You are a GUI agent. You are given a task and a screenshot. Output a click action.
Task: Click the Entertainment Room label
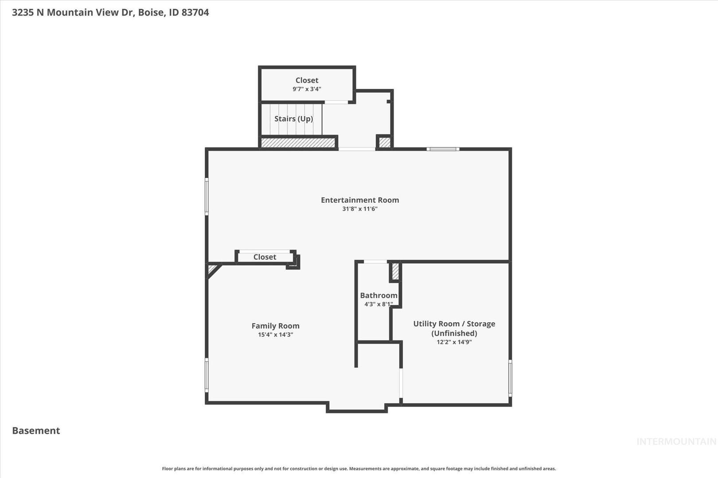click(x=360, y=200)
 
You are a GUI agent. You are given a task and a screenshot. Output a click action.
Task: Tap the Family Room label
click(x=275, y=326)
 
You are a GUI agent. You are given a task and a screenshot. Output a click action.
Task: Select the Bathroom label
click(x=379, y=295)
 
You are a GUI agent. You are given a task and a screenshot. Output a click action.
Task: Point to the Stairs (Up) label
click(x=293, y=119)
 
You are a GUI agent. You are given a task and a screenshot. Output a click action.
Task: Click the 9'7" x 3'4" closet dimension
click(x=307, y=89)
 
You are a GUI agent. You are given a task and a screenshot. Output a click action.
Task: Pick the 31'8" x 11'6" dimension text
click(x=360, y=209)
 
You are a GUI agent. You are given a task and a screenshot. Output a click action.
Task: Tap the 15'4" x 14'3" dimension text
click(x=275, y=335)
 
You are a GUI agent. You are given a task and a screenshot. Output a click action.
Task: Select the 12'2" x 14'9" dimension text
click(x=454, y=342)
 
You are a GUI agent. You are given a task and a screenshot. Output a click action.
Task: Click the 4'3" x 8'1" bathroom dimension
click(x=379, y=304)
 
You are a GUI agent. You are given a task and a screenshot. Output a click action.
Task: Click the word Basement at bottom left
click(x=36, y=431)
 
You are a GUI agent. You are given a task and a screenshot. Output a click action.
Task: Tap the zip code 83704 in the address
click(x=195, y=12)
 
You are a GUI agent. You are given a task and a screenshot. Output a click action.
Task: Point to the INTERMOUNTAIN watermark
click(x=676, y=442)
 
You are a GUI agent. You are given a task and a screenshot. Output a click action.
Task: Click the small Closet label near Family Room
click(x=265, y=257)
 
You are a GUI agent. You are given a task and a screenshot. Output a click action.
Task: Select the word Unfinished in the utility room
click(x=454, y=333)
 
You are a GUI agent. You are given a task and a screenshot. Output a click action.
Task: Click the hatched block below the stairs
click(x=298, y=143)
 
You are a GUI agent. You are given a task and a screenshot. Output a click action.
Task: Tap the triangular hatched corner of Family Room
click(x=212, y=269)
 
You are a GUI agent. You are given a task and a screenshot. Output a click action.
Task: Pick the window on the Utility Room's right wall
click(x=510, y=378)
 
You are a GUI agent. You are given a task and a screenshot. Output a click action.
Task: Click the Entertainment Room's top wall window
click(x=443, y=149)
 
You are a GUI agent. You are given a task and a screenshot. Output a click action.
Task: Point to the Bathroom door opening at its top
click(x=375, y=262)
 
